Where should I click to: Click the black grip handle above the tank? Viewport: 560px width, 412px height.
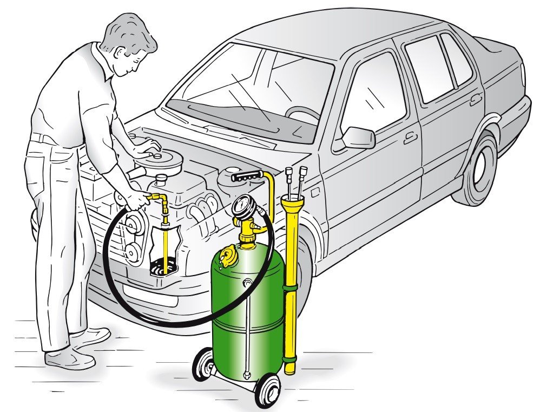tap(247, 176)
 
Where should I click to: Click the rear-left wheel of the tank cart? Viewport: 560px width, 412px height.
tap(205, 364)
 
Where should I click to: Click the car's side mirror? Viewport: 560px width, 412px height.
tap(359, 138)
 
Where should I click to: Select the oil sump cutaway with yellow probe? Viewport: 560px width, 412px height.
tap(163, 249)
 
